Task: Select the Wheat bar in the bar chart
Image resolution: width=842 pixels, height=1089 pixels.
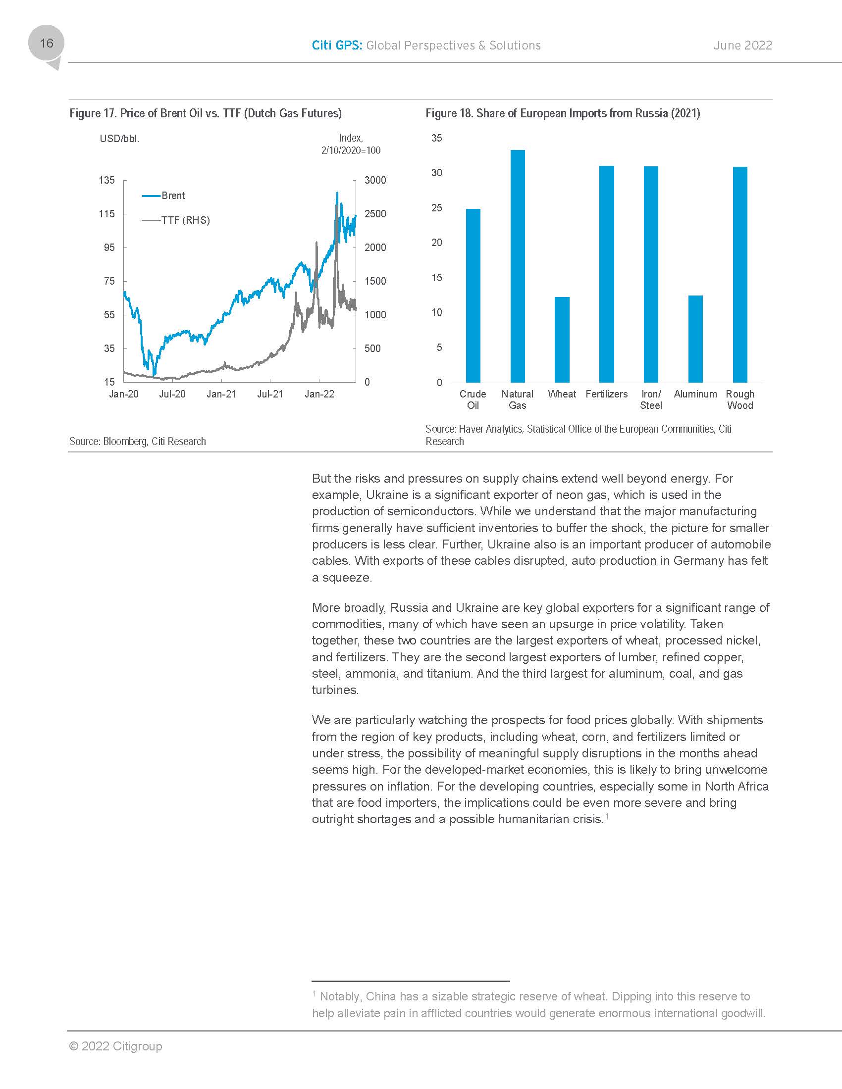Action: pyautogui.click(x=562, y=340)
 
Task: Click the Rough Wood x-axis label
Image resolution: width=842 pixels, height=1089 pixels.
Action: pyautogui.click(x=740, y=399)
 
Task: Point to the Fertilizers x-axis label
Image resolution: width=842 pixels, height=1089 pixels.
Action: pyautogui.click(x=606, y=394)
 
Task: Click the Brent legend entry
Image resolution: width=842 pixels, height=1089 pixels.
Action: pyautogui.click(x=172, y=196)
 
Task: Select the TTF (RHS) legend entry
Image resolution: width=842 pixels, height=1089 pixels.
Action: pyautogui.click(x=185, y=220)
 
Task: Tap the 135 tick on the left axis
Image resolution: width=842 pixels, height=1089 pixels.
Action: pyautogui.click(x=107, y=180)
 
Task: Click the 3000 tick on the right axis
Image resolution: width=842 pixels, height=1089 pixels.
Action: pyautogui.click(x=375, y=180)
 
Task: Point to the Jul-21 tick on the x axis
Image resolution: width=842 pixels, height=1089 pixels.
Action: pyautogui.click(x=270, y=394)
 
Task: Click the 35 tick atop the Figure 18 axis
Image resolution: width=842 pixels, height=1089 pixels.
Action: pyautogui.click(x=436, y=138)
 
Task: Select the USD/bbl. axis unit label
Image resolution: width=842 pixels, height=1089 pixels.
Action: pyautogui.click(x=119, y=139)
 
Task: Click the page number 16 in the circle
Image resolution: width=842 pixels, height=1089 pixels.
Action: pyautogui.click(x=47, y=44)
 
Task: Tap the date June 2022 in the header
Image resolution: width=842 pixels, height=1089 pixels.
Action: pyautogui.click(x=742, y=46)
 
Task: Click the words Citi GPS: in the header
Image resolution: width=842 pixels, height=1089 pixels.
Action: pyautogui.click(x=337, y=46)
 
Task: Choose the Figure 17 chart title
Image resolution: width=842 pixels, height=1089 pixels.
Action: pyautogui.click(x=206, y=113)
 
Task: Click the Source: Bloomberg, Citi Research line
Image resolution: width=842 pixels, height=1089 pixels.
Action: pyautogui.click(x=138, y=441)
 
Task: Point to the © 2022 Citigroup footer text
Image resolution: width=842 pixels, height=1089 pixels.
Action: pyautogui.click(x=116, y=1046)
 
